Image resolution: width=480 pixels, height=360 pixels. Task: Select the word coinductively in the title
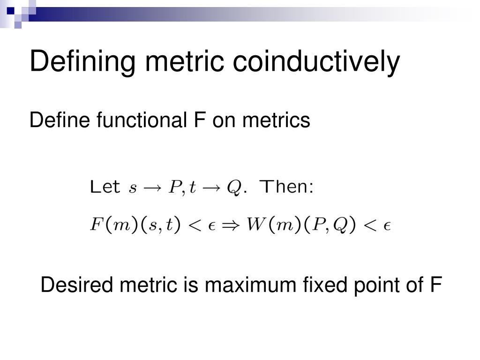pyautogui.click(x=316, y=61)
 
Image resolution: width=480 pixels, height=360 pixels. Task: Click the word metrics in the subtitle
pyautogui.click(x=276, y=120)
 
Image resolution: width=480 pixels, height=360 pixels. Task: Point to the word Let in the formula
pyautogui.click(x=105, y=187)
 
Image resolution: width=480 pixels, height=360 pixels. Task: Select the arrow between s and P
pyautogui.click(x=152, y=188)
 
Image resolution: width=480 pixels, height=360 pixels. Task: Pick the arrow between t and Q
pyautogui.click(x=211, y=188)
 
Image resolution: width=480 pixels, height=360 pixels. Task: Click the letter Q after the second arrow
pyautogui.click(x=234, y=187)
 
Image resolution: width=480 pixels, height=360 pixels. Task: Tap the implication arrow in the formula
pyautogui.click(x=231, y=226)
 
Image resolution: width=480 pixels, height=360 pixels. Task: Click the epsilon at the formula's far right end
pyautogui.click(x=387, y=226)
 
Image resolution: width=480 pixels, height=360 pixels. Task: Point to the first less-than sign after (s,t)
pyautogui.click(x=195, y=226)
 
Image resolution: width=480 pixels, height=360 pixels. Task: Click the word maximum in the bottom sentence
pyautogui.click(x=250, y=285)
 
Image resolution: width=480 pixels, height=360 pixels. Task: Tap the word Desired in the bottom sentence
pyautogui.click(x=76, y=285)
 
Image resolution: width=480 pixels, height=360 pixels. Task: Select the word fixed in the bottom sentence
pyautogui.click(x=325, y=285)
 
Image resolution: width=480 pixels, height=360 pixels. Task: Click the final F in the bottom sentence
pyautogui.click(x=436, y=285)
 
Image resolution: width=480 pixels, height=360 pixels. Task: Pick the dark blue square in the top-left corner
pyautogui.click(x=11, y=11)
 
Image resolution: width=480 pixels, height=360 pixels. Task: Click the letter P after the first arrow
pyautogui.click(x=175, y=187)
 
